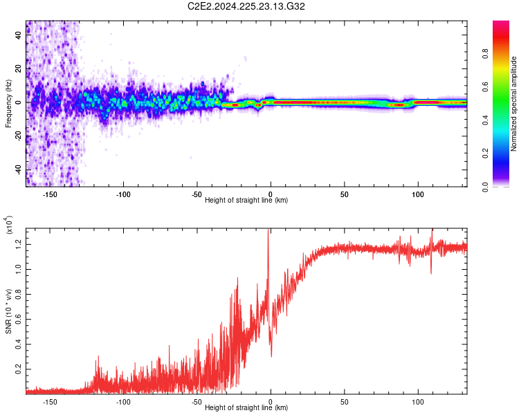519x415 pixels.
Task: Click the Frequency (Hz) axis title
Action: [9, 104]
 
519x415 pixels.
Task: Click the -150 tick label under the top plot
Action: [50, 194]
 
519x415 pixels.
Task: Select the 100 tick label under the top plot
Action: [418, 194]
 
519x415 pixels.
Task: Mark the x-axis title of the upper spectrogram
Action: [246, 201]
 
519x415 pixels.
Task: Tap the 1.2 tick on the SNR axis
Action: [19, 242]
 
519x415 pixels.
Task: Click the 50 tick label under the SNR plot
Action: [344, 401]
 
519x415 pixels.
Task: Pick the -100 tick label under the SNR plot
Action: [123, 401]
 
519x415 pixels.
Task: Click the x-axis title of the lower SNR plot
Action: [246, 408]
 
